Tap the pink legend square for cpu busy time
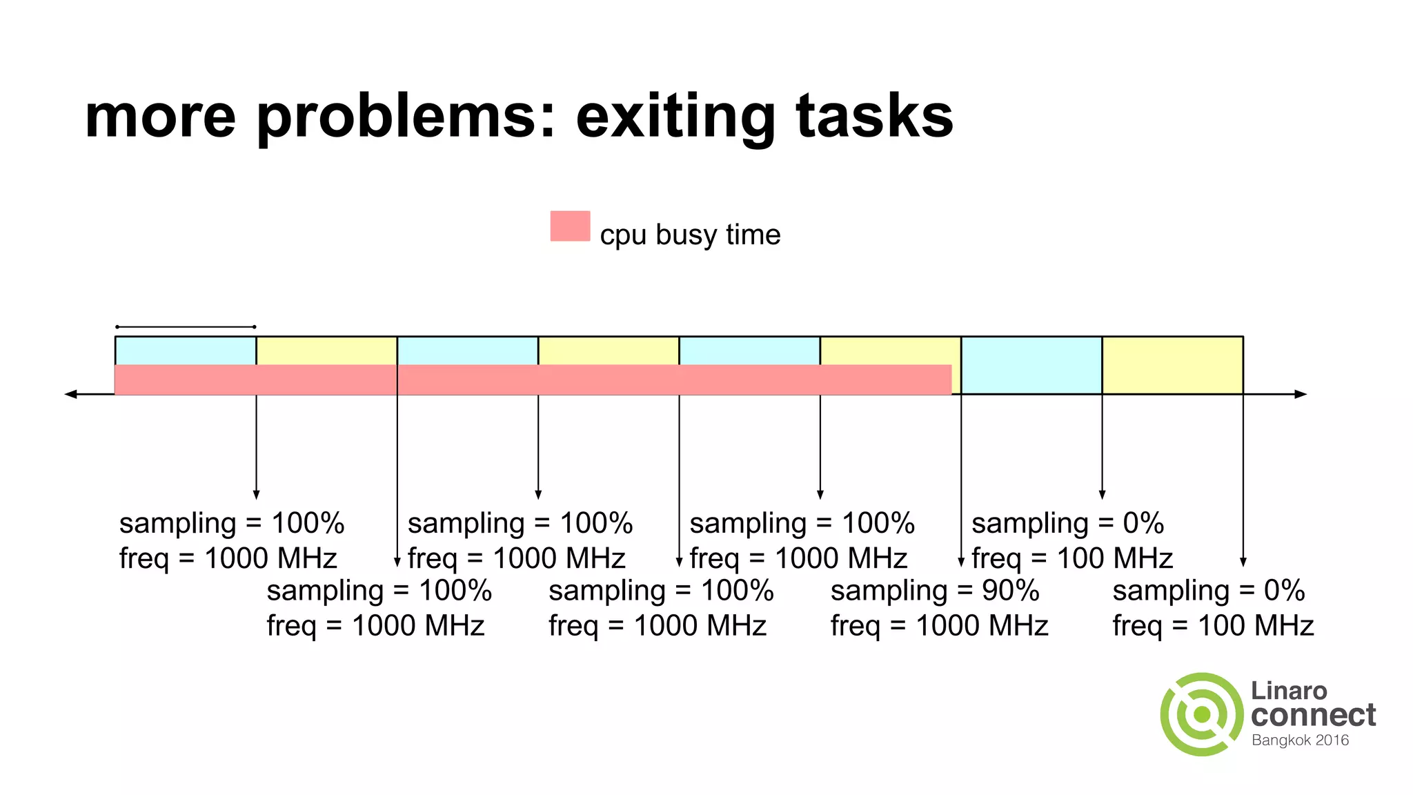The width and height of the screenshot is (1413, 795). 570,226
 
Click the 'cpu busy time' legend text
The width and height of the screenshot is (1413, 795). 690,235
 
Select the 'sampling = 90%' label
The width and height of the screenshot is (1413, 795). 934,591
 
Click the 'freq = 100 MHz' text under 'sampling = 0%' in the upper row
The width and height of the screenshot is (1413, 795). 1072,558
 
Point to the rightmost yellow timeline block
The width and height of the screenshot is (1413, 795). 1172,365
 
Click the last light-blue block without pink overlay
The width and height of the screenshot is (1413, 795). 1031,365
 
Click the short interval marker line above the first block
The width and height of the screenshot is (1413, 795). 186,326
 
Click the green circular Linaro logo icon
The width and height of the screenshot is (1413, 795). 1202,714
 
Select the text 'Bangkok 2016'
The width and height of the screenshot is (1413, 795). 1300,740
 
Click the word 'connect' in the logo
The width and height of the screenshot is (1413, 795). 1313,715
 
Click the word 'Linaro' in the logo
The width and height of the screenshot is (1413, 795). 1289,690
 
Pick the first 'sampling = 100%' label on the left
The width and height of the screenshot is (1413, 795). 231,523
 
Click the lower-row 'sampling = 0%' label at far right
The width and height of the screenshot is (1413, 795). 1208,591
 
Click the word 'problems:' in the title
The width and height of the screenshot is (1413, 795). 406,117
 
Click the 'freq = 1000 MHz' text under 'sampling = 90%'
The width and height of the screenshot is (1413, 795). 939,626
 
